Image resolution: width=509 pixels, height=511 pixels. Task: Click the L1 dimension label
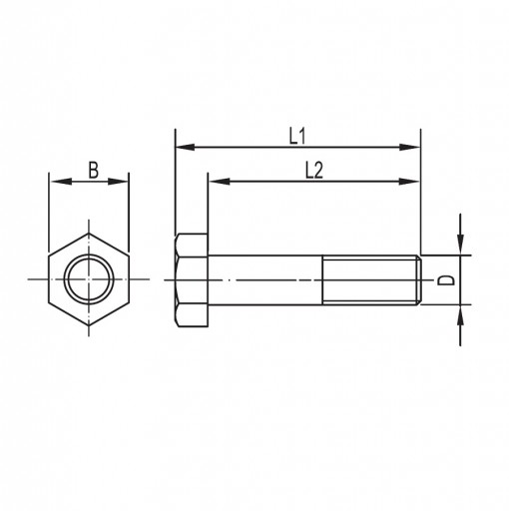(296, 137)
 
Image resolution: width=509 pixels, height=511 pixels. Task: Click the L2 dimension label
(314, 172)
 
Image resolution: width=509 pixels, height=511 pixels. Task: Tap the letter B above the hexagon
(94, 170)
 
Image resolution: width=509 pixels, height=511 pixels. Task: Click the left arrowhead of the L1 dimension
(185, 147)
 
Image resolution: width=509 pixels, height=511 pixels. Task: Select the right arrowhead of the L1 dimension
(410, 147)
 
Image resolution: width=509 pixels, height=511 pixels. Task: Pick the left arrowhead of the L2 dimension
(219, 182)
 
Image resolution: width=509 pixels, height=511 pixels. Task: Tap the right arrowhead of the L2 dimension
(409, 182)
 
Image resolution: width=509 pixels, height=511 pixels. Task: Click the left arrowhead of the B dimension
(61, 182)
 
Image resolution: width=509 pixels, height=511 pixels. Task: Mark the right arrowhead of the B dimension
(118, 182)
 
